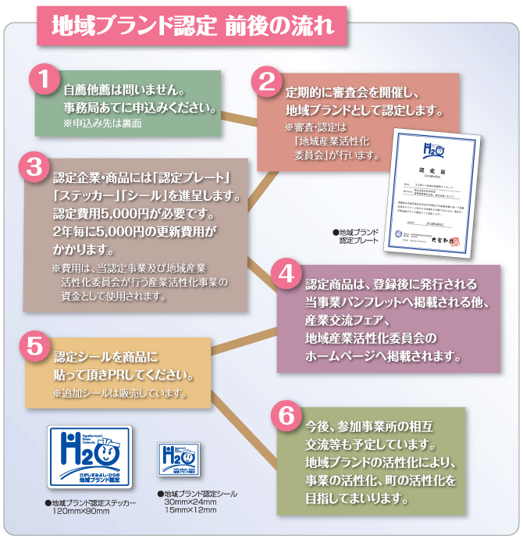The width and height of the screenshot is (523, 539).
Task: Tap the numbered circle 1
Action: (x=44, y=80)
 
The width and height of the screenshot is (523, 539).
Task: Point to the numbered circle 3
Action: (x=34, y=168)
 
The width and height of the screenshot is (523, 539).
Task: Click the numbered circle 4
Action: (x=287, y=276)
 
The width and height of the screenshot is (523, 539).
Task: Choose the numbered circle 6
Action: (x=286, y=416)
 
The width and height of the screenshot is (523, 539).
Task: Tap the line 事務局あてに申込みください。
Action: (x=140, y=107)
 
